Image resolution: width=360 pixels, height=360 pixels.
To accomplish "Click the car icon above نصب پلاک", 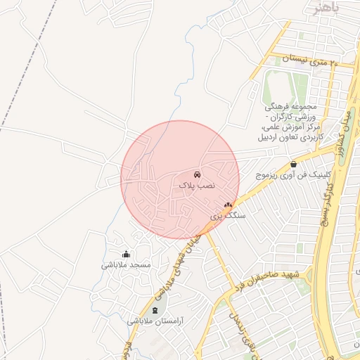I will (197, 174).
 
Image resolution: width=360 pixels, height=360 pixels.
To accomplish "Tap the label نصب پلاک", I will (195, 185).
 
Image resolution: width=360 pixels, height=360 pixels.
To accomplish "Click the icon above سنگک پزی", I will (227, 205).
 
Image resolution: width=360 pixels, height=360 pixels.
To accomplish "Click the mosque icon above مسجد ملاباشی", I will (126, 254).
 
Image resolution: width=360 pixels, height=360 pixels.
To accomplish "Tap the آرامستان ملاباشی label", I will (155, 321).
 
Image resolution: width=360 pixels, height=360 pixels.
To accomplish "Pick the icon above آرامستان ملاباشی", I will (155, 310).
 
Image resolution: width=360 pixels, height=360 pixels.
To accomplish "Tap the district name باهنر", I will (326, 8).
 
